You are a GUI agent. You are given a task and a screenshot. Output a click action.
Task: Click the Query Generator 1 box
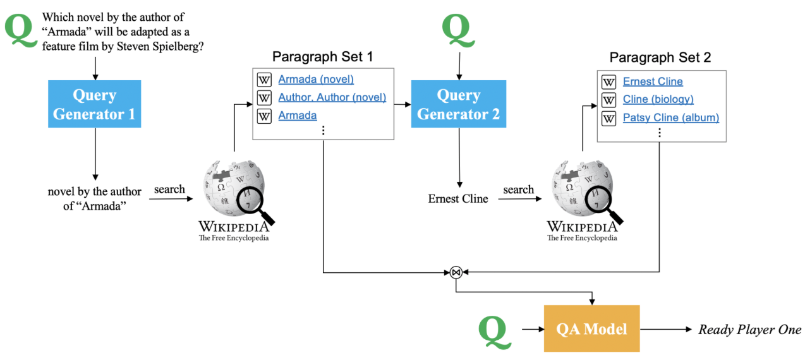click(94, 105)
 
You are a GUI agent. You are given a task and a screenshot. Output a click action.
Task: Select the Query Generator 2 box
click(458, 105)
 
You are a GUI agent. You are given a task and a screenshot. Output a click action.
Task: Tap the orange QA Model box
click(591, 328)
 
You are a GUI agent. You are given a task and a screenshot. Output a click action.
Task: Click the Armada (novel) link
click(316, 80)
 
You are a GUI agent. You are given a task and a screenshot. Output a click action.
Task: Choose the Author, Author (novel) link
click(332, 98)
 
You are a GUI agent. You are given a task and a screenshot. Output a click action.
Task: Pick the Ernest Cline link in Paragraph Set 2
click(653, 81)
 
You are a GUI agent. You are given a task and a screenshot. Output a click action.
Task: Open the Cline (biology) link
click(658, 99)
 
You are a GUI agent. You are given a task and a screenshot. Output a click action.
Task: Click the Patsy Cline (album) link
click(670, 117)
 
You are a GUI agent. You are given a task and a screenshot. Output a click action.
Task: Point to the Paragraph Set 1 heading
click(322, 57)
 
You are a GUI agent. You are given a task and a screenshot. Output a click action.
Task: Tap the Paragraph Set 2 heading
click(660, 57)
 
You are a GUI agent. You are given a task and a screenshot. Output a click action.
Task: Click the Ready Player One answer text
click(749, 330)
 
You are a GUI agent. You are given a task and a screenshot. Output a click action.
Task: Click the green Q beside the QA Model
click(494, 331)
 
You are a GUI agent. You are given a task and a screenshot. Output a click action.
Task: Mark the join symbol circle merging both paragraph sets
click(456, 273)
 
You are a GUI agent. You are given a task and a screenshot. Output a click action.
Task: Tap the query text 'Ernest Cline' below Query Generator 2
click(458, 199)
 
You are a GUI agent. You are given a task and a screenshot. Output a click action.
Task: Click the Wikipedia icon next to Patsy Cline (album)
click(608, 118)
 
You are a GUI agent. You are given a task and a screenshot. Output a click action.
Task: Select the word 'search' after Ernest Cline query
click(519, 189)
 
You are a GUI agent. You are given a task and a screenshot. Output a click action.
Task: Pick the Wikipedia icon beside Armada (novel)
click(263, 80)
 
